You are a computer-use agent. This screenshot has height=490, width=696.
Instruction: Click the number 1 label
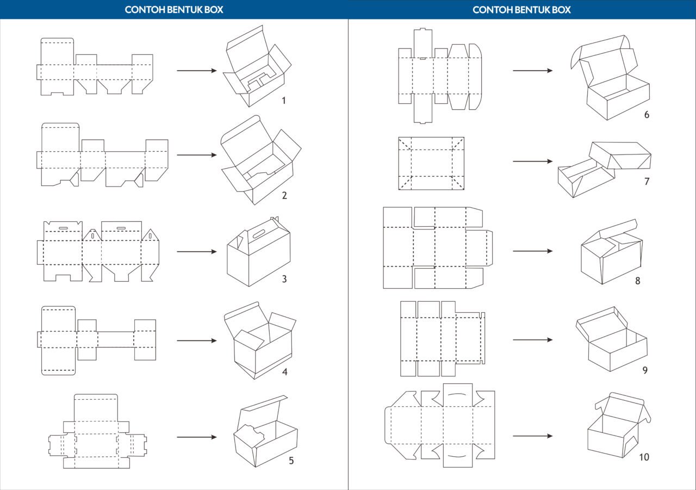284,101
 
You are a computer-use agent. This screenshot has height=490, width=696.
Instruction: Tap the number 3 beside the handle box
284,280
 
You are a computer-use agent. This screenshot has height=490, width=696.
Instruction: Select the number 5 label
291,461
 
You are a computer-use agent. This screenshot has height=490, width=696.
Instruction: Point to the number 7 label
647,182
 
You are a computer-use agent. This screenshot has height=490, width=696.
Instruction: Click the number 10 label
644,457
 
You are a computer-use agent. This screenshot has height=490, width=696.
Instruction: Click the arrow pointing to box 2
196,155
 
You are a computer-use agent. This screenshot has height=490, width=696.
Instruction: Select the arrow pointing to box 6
532,70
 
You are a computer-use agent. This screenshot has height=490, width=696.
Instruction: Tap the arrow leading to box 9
532,340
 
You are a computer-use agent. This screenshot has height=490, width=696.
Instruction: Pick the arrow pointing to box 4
196,341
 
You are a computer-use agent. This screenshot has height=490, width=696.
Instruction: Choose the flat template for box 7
431,163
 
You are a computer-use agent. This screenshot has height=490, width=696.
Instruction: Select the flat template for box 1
95,67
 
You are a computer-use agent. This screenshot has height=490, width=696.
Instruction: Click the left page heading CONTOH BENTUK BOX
174,10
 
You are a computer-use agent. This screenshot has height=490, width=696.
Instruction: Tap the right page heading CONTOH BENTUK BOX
522,10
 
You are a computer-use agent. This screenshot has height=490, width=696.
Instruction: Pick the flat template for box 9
442,338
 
